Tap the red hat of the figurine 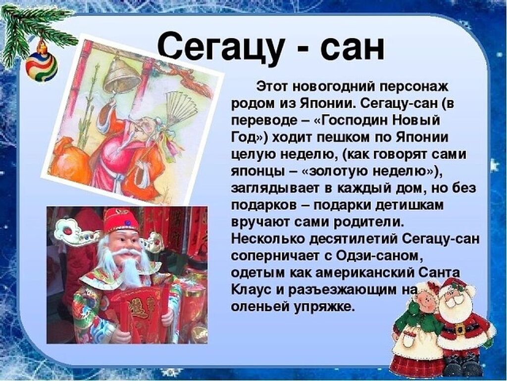(121, 220)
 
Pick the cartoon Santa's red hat (456, 287)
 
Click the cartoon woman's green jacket (420, 321)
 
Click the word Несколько (268, 239)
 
